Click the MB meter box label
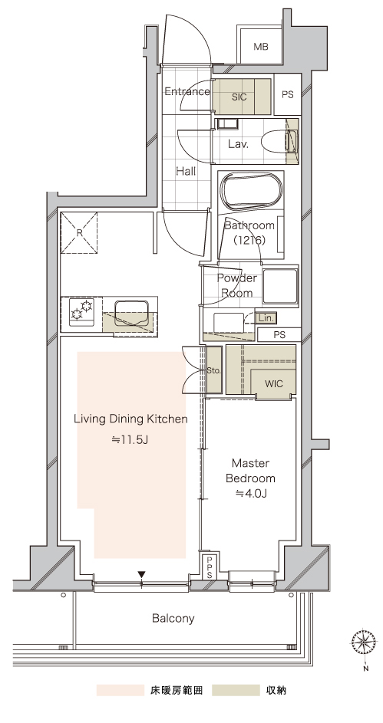(261, 47)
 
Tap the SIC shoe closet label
(239, 97)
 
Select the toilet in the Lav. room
(279, 141)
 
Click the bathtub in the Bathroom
(252, 192)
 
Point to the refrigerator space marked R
(79, 233)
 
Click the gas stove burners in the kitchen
(81, 310)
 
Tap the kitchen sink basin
(131, 312)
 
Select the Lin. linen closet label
(266, 318)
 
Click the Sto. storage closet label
(213, 370)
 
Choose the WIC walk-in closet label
(274, 383)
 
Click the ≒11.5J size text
(130, 439)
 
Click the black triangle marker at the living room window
(142, 574)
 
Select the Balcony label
(173, 618)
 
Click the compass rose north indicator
(363, 642)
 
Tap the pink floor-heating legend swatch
(120, 690)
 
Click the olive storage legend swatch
(236, 690)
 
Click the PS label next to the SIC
(288, 94)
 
